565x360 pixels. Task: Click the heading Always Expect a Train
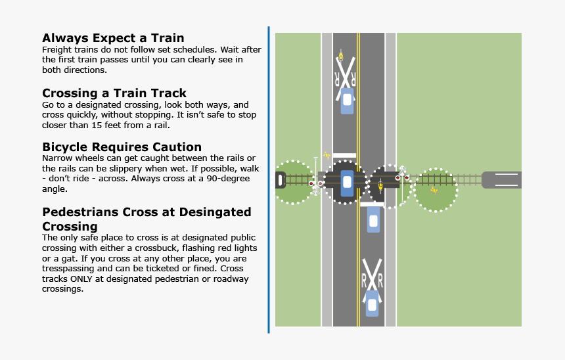pyautogui.click(x=113, y=38)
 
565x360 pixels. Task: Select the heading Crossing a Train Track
pyautogui.click(x=114, y=93)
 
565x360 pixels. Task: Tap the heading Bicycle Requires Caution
pyautogui.click(x=122, y=146)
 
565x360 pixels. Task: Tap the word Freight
pyautogui.click(x=56, y=50)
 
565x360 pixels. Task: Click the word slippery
pyautogui.click(x=118, y=169)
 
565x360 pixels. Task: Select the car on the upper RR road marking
pyautogui.click(x=347, y=101)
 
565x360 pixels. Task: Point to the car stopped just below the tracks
pyautogui.click(x=373, y=220)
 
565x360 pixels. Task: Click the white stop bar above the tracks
pyautogui.click(x=344, y=156)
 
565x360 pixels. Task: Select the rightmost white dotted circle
pyautogui.click(x=435, y=190)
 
